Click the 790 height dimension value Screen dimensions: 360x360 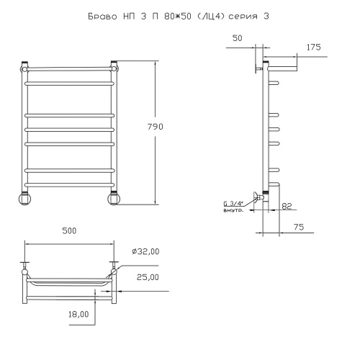pos(156,127)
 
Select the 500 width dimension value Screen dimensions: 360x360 pos(69,230)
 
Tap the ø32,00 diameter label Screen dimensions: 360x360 pos(145,251)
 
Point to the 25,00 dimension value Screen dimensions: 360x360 pos(148,277)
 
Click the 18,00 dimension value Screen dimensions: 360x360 pos(78,314)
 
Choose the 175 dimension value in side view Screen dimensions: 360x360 pos(314,48)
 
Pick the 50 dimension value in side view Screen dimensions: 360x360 pos(238,38)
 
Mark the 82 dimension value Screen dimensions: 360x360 pos(287,206)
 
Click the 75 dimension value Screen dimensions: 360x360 pos(299,227)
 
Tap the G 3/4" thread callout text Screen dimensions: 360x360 pos(233,204)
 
